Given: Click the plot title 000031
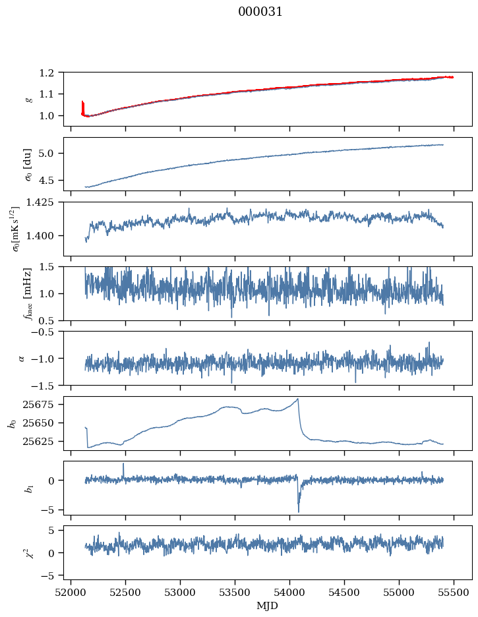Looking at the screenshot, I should (260, 12).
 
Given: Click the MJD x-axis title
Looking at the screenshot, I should (268, 606).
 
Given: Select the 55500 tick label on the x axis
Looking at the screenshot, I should (454, 593).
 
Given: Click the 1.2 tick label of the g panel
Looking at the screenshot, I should (51, 73).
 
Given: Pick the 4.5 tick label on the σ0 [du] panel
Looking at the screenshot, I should (51, 180).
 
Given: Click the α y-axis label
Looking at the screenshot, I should (22, 358).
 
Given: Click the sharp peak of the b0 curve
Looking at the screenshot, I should (298, 399).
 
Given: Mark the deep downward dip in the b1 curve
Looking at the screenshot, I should (299, 511).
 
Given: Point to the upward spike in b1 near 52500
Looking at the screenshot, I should (123, 464).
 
